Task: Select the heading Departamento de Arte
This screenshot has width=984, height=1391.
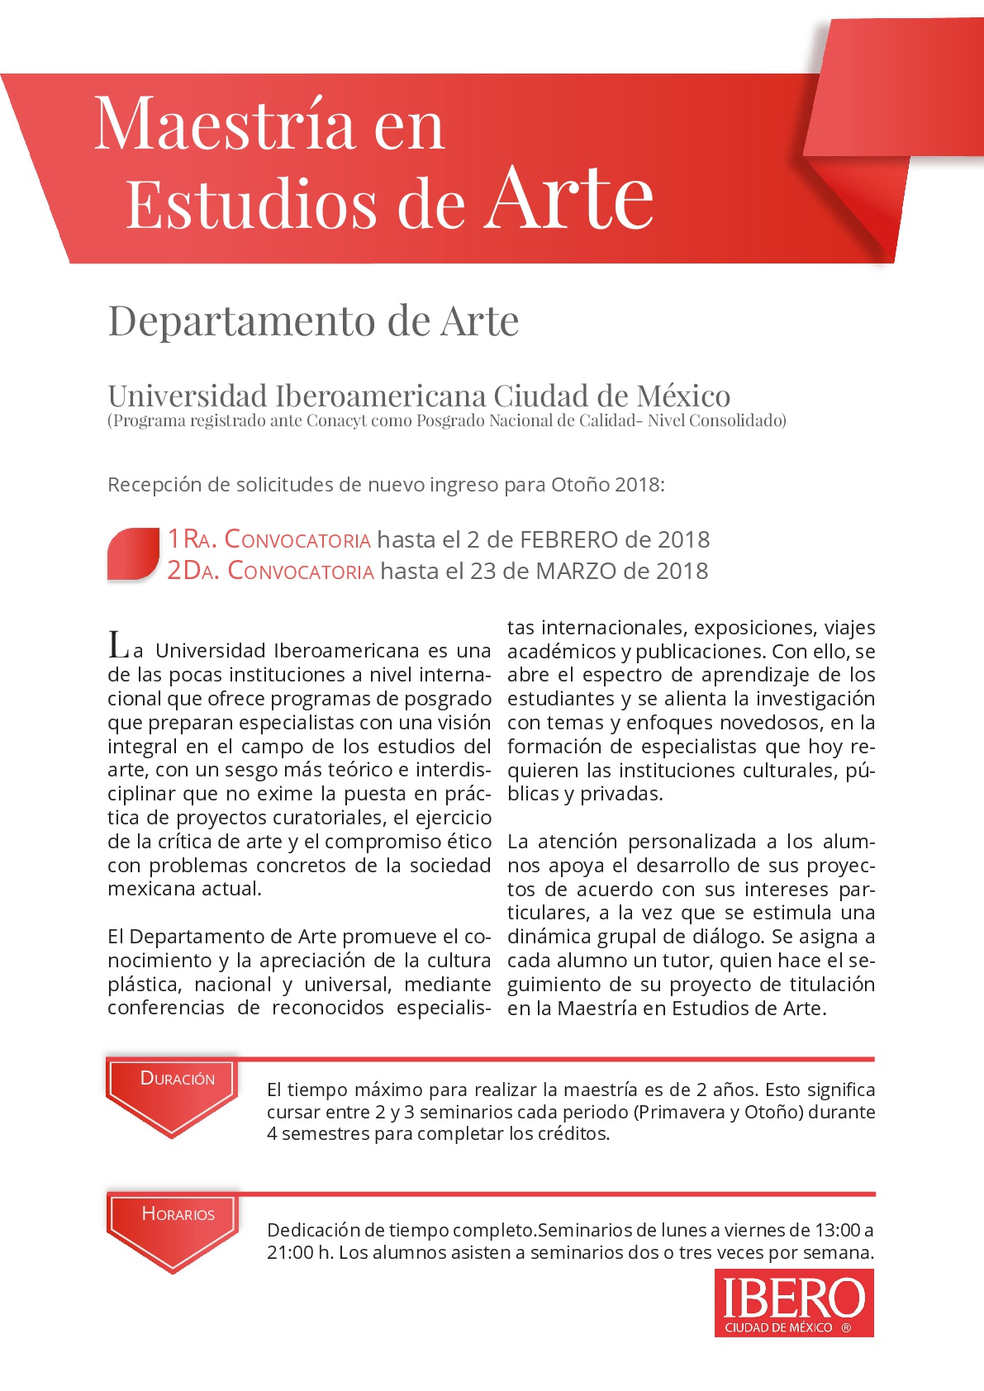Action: point(313,320)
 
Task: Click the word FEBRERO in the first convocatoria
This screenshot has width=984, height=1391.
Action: point(569,539)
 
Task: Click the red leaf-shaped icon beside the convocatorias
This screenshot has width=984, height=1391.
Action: point(133,553)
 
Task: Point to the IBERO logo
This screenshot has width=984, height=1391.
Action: point(794,1303)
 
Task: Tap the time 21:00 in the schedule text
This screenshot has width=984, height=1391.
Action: point(290,1252)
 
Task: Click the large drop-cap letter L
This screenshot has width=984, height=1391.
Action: point(118,644)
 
